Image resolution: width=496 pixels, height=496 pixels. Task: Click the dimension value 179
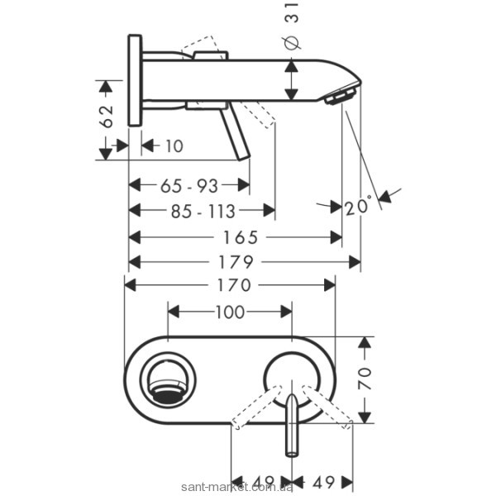pos(236,262)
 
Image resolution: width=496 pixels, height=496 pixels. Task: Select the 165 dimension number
pos(241,237)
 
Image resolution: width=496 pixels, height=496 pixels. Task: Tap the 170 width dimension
pos(234,285)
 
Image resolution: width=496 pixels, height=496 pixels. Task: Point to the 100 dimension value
pos(230,312)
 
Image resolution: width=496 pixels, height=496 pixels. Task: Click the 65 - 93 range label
pos(189,186)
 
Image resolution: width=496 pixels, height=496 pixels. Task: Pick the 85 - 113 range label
pos(203,211)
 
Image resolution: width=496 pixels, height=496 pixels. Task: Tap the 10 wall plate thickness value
pos(174,146)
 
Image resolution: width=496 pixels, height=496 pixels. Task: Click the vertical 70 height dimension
pos(365,379)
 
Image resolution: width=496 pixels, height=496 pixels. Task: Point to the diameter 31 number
pos(292,12)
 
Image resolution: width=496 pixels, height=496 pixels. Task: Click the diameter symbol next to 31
pos(292,42)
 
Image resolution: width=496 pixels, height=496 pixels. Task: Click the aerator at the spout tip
pos(341,96)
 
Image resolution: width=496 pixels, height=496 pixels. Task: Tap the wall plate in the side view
pos(135,80)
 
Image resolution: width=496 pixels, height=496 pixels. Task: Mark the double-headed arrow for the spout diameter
pos(291,80)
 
